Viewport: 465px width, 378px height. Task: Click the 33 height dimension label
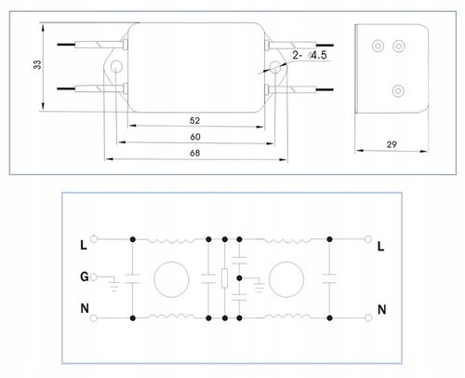click(37, 64)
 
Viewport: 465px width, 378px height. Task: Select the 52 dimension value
click(194, 120)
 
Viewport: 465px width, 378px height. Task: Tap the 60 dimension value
click(195, 137)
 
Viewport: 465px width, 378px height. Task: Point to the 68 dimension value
click(194, 153)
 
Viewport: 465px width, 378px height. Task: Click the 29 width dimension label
click(392, 144)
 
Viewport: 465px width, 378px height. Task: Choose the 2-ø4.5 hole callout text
click(310, 55)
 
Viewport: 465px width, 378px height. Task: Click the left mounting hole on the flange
click(116, 66)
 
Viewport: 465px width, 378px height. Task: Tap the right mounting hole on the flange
click(274, 67)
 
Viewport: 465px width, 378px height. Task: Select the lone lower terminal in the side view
click(398, 91)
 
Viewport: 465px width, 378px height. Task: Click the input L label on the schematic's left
click(84, 245)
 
